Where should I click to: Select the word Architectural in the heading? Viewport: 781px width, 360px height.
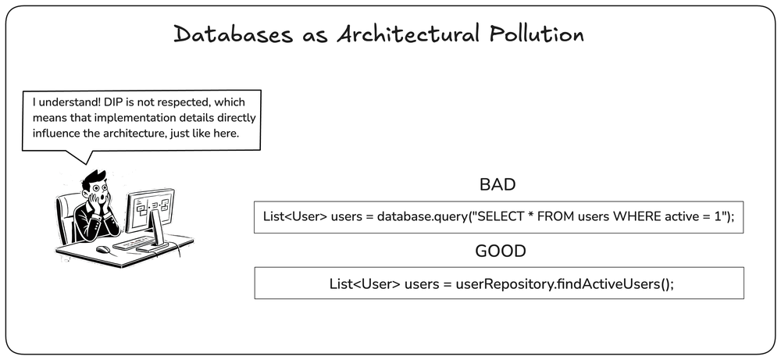pyautogui.click(x=409, y=34)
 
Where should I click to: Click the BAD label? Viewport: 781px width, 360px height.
pyautogui.click(x=497, y=185)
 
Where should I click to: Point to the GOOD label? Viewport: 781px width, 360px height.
pyautogui.click(x=500, y=251)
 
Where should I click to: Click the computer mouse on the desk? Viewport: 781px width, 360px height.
pyautogui.click(x=102, y=249)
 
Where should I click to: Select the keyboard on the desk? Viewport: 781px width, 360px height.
pyautogui.click(x=133, y=243)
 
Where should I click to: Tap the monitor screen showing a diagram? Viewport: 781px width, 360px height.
pyautogui.click(x=151, y=209)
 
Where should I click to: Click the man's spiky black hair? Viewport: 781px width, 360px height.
pyautogui.click(x=95, y=178)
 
